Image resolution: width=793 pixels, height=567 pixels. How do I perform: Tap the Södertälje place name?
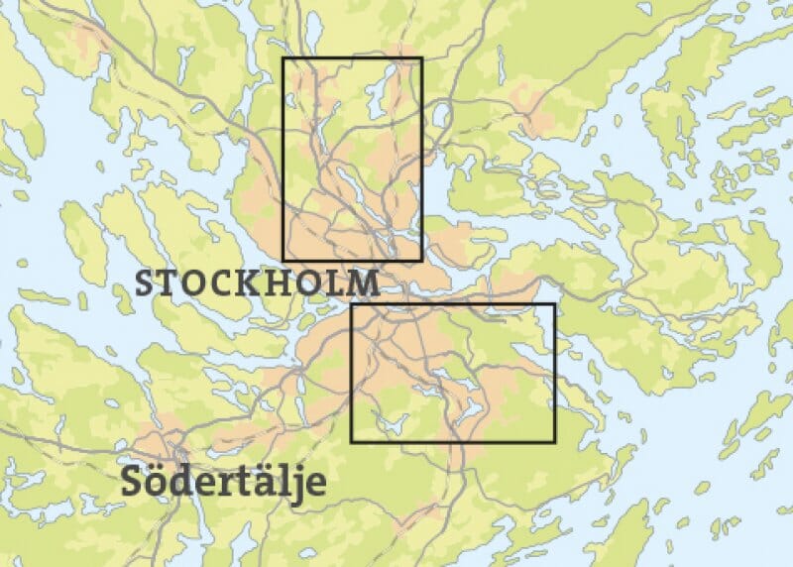pyautogui.click(x=223, y=483)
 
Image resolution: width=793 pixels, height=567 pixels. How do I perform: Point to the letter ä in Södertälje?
pyautogui.click(x=263, y=482)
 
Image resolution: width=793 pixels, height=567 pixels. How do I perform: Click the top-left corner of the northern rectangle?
pyautogui.click(x=283, y=58)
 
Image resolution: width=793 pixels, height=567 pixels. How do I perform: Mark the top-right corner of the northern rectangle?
pyautogui.click(x=421, y=58)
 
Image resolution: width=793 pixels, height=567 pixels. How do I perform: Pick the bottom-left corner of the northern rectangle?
pyautogui.click(x=283, y=260)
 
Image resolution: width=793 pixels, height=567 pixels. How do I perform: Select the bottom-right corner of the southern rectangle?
pyautogui.click(x=553, y=441)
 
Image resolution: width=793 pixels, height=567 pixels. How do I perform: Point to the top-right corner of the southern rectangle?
pyautogui.click(x=553, y=305)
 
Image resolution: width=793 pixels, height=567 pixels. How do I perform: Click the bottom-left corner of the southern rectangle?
pyautogui.click(x=352, y=441)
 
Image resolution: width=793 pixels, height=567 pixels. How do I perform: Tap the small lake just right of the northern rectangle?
pyautogui.click(x=440, y=115)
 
